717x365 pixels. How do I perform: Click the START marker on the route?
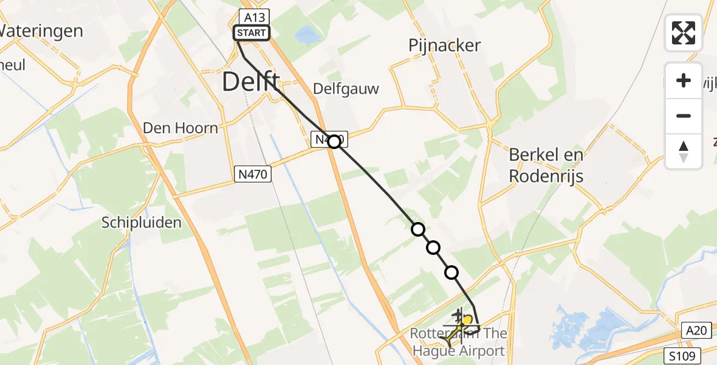252,33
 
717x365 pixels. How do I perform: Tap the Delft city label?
251,82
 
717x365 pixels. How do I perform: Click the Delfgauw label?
346,89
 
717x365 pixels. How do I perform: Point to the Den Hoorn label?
180,128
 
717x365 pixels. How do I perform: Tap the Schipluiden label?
142,223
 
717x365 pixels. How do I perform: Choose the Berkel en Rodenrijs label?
546,165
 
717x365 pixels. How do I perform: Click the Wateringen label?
41,31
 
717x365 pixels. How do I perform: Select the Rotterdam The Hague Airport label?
459,342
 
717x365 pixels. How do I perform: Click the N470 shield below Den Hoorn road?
252,175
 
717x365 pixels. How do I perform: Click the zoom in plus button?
684,80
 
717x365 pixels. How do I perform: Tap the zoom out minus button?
684,116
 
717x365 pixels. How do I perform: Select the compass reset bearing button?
684,151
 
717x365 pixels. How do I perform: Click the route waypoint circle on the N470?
334,142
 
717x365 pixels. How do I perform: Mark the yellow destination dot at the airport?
467,319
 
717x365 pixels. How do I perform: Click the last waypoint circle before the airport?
451,273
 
